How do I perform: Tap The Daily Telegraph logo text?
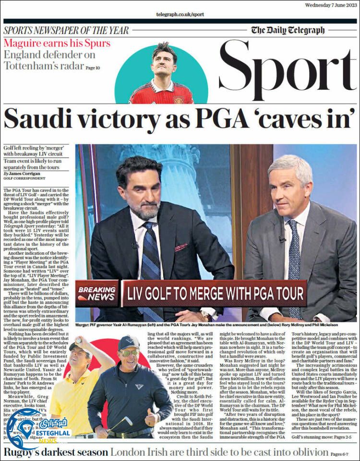pos(288,31)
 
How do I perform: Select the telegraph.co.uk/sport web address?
pos(180,15)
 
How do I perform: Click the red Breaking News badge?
pos(96,293)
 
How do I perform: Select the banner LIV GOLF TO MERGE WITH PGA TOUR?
pos(214,293)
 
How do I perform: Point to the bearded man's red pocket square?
pos(180,248)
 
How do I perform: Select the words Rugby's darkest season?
pos(55,452)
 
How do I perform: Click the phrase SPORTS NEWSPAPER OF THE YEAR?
pos(66,30)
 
